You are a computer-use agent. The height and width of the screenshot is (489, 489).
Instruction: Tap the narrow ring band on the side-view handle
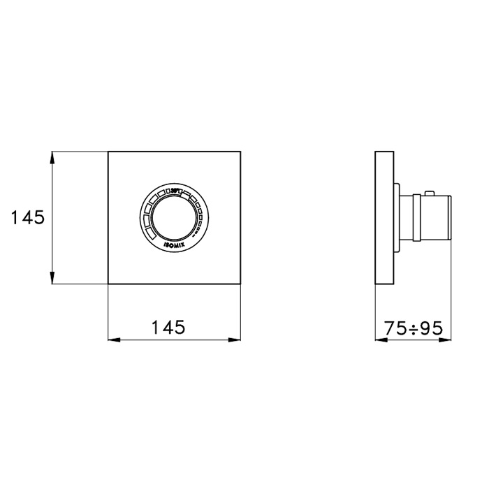pyautogui.click(x=417, y=217)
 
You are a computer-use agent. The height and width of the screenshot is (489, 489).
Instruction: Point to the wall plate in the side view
pyautogui.click(x=384, y=217)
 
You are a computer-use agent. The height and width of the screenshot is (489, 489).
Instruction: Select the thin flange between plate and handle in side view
pyautogui.click(x=396, y=217)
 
